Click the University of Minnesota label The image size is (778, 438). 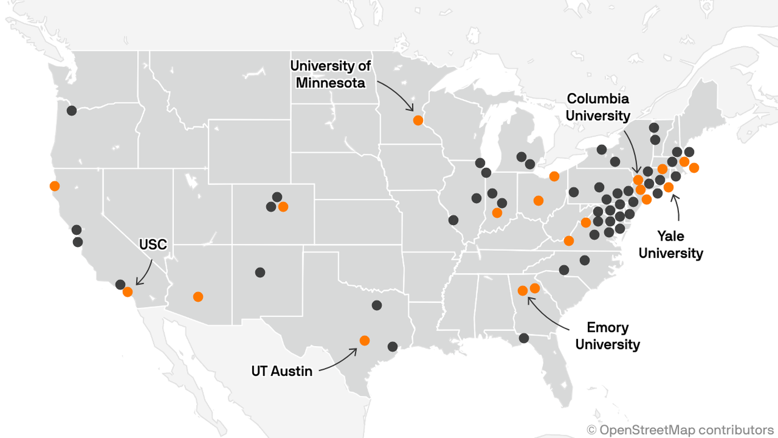click(x=330, y=74)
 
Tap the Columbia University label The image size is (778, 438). click(x=597, y=107)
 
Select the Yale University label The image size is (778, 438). click(x=671, y=244)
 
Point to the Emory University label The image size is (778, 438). click(x=608, y=336)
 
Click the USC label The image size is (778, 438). click(x=153, y=245)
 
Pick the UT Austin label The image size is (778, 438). click(x=282, y=371)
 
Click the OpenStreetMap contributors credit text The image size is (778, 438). click(x=681, y=429)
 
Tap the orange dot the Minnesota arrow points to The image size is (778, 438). click(x=418, y=120)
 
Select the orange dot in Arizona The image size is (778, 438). click(x=198, y=297)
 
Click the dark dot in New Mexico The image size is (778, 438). click(x=260, y=273)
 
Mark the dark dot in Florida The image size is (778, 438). click(x=524, y=338)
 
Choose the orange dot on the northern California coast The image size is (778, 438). click(x=55, y=186)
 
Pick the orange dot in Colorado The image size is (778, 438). click(x=283, y=206)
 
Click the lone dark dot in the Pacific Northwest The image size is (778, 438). click(x=72, y=111)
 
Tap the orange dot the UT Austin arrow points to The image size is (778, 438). click(x=365, y=340)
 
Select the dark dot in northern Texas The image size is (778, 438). click(x=376, y=305)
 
